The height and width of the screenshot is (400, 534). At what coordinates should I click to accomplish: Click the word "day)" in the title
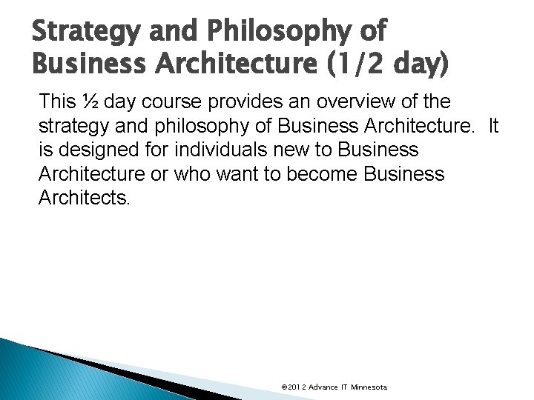pyautogui.click(x=418, y=67)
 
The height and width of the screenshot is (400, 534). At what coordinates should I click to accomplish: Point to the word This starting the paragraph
pyautogui.click(x=56, y=101)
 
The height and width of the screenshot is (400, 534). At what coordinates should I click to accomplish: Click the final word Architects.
pyautogui.click(x=84, y=199)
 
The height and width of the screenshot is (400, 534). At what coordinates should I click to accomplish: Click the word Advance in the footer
pyautogui.click(x=324, y=387)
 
